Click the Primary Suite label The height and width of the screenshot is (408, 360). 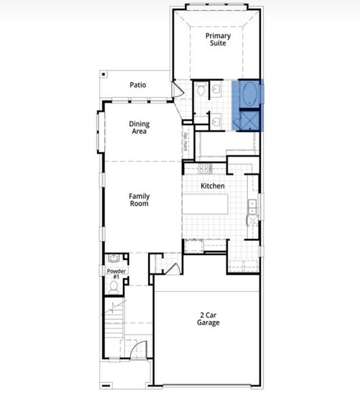[x=217, y=39]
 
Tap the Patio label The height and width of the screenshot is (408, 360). [x=139, y=86]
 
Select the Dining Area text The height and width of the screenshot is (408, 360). [x=139, y=128]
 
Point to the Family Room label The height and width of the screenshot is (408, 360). [x=139, y=199]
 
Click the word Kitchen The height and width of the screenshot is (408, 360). [x=213, y=186]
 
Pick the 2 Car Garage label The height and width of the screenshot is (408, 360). [x=209, y=318]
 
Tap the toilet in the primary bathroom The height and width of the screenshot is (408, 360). [x=202, y=89]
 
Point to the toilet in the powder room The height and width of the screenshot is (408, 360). [x=114, y=287]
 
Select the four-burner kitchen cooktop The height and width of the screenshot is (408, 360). [x=205, y=168]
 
